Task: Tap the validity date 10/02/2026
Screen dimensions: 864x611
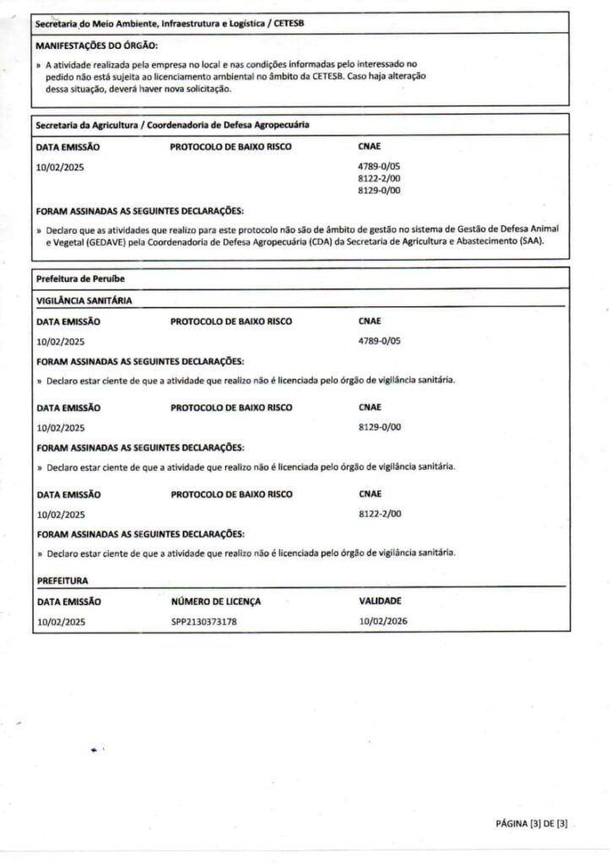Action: [x=383, y=622]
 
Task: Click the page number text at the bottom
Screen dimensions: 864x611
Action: [x=531, y=823]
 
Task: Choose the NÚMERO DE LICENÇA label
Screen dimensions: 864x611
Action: [x=216, y=602]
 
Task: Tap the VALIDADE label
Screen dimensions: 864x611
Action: [x=381, y=601]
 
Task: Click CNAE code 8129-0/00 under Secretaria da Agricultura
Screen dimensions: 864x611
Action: [x=380, y=191]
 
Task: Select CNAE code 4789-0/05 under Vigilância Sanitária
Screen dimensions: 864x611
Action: [x=380, y=342]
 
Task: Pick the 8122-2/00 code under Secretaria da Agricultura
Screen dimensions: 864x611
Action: [x=380, y=179]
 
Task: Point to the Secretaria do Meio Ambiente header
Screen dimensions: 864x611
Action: [x=169, y=24]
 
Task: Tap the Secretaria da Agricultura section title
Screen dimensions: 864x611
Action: [x=173, y=125]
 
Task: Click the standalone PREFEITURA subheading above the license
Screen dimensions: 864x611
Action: [x=63, y=580]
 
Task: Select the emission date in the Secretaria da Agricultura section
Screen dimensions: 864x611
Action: [x=61, y=167]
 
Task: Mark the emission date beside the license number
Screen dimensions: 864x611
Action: [x=61, y=622]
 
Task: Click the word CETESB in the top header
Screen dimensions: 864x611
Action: [x=289, y=24]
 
